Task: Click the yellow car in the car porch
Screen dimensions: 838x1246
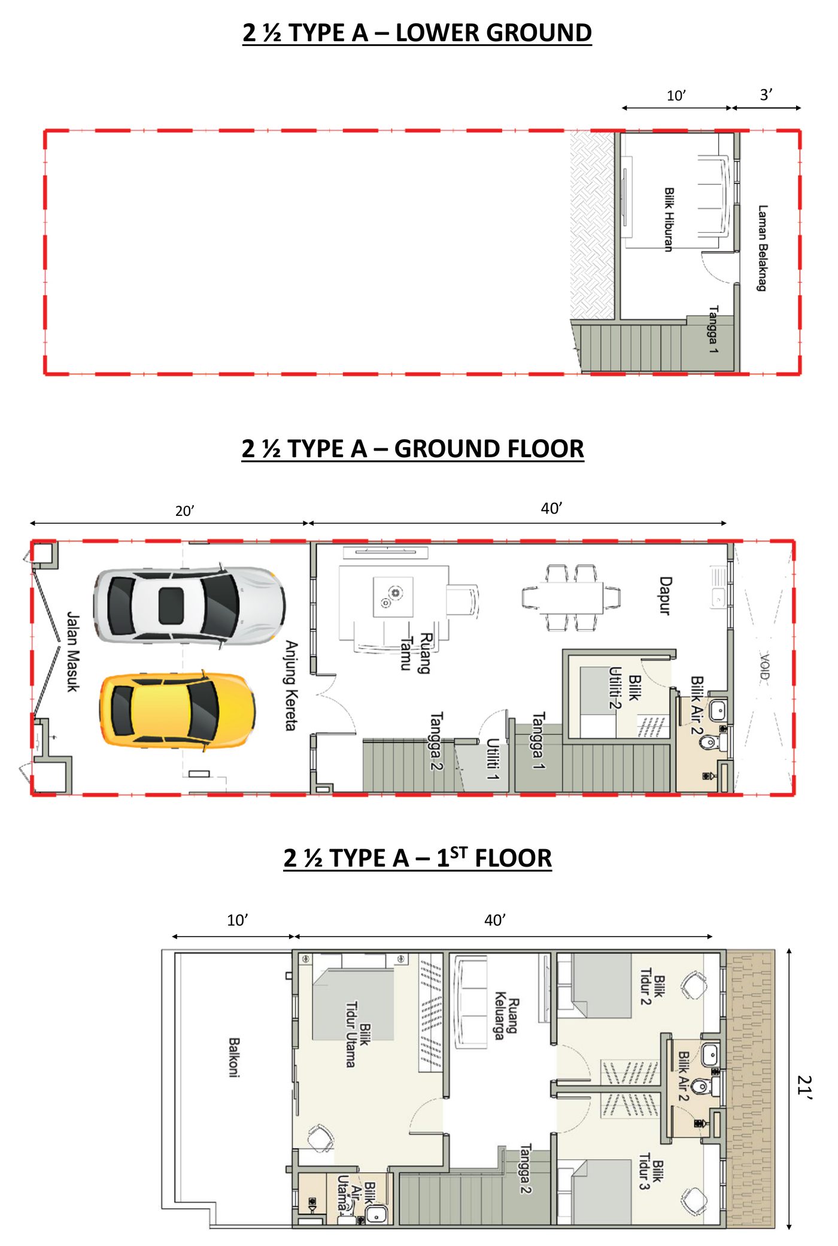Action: point(177,710)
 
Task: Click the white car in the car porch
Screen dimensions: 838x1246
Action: point(189,605)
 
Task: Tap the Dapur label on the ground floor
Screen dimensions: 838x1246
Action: point(665,595)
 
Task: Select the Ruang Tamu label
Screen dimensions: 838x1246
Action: point(417,652)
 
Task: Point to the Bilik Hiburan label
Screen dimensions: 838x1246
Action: point(669,219)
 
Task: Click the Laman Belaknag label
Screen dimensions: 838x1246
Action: point(762,248)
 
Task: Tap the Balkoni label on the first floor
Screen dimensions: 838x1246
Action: point(234,1057)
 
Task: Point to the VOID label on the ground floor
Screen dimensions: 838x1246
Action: point(764,667)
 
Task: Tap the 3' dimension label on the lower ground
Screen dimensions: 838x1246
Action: point(766,95)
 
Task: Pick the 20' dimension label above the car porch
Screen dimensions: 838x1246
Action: point(184,510)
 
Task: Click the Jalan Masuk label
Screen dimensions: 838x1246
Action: point(72,652)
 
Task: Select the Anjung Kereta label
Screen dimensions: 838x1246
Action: point(291,685)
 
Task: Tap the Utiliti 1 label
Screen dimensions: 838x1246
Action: point(493,759)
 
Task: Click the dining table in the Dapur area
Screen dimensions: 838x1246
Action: point(572,597)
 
